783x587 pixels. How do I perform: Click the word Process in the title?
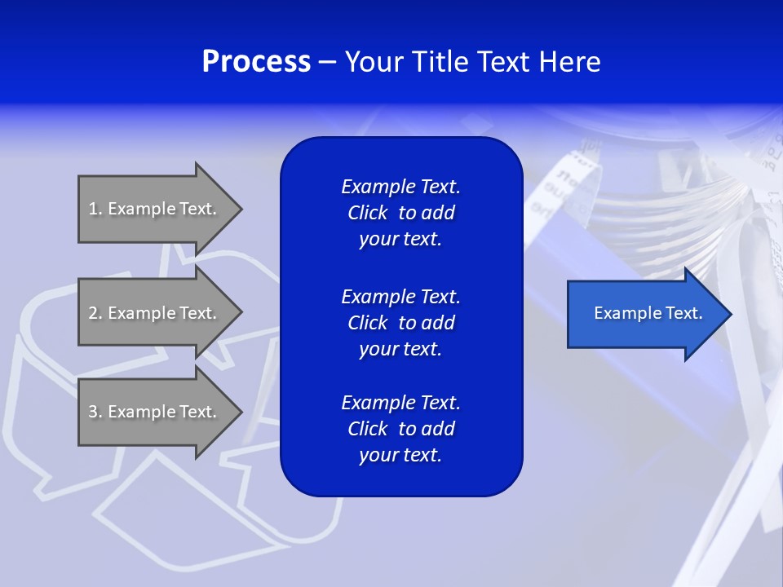point(256,62)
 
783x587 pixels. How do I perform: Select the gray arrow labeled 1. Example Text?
point(155,209)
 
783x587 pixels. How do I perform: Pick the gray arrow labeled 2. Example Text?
point(155,313)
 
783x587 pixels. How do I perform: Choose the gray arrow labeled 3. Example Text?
point(155,412)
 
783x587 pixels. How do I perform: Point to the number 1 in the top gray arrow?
point(93,209)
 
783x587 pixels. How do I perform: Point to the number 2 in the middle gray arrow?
point(93,313)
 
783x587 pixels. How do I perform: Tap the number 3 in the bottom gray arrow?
point(93,412)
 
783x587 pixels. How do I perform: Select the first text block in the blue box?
point(400,213)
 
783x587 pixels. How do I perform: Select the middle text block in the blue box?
point(400,323)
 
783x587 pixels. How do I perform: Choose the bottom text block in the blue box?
point(400,429)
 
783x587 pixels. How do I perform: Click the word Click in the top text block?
point(367,213)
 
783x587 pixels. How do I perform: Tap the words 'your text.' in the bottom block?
point(400,455)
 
